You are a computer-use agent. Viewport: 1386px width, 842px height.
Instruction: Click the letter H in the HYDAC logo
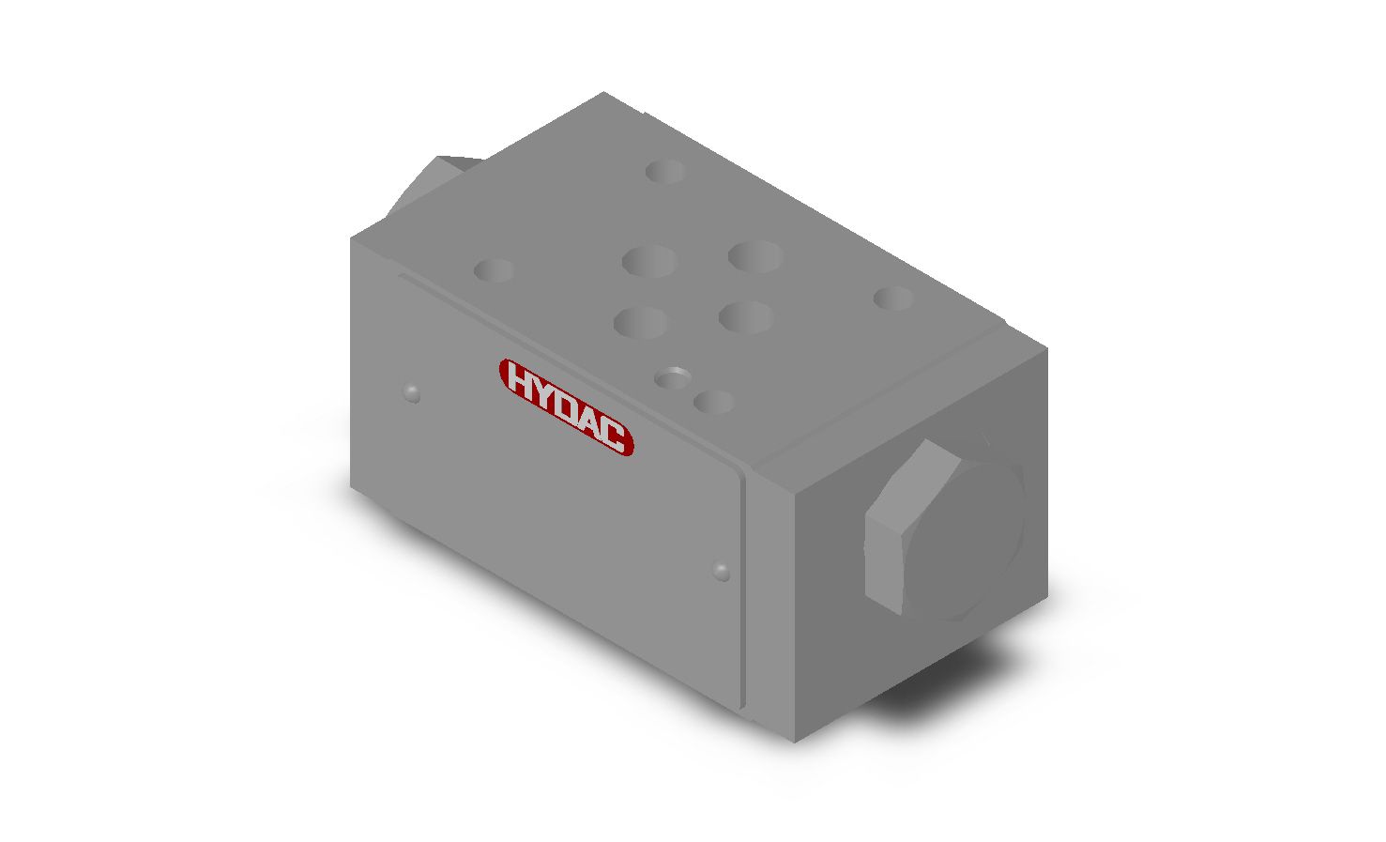click(x=519, y=379)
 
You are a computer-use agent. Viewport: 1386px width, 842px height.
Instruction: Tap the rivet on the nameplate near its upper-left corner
click(x=411, y=392)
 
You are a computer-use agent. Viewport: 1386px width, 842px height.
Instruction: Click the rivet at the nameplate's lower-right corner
click(x=721, y=570)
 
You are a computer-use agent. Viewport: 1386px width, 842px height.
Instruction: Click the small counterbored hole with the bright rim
click(x=672, y=377)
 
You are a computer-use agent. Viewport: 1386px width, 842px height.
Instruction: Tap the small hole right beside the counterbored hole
click(x=713, y=402)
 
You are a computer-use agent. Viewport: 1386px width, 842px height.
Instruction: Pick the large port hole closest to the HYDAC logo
click(x=641, y=323)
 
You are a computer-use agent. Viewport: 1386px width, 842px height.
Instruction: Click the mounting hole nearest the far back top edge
click(x=665, y=171)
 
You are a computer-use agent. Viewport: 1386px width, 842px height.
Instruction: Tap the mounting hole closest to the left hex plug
click(x=493, y=270)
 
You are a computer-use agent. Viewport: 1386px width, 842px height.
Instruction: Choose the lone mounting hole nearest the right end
click(x=893, y=299)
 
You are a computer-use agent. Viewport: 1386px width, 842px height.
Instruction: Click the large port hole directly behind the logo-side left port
click(x=649, y=261)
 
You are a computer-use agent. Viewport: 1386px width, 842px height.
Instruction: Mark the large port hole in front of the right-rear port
click(x=746, y=316)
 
